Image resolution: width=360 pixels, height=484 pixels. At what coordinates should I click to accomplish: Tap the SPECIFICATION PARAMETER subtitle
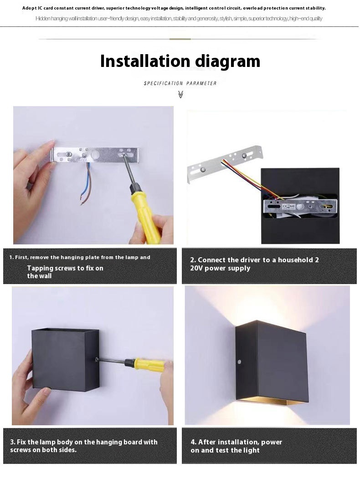[180, 83]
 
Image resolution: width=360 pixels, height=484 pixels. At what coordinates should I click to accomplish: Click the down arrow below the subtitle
[181, 94]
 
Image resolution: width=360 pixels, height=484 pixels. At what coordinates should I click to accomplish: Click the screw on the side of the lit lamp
[240, 362]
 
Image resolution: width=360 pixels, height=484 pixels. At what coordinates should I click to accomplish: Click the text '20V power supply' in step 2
[220, 268]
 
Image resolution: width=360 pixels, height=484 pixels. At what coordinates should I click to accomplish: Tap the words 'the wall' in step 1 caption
[39, 275]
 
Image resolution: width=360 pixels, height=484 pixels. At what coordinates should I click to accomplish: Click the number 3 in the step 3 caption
[12, 442]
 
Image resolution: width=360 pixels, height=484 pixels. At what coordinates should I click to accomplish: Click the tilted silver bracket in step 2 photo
[225, 163]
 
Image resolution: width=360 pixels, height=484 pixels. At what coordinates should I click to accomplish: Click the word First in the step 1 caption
[21, 257]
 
